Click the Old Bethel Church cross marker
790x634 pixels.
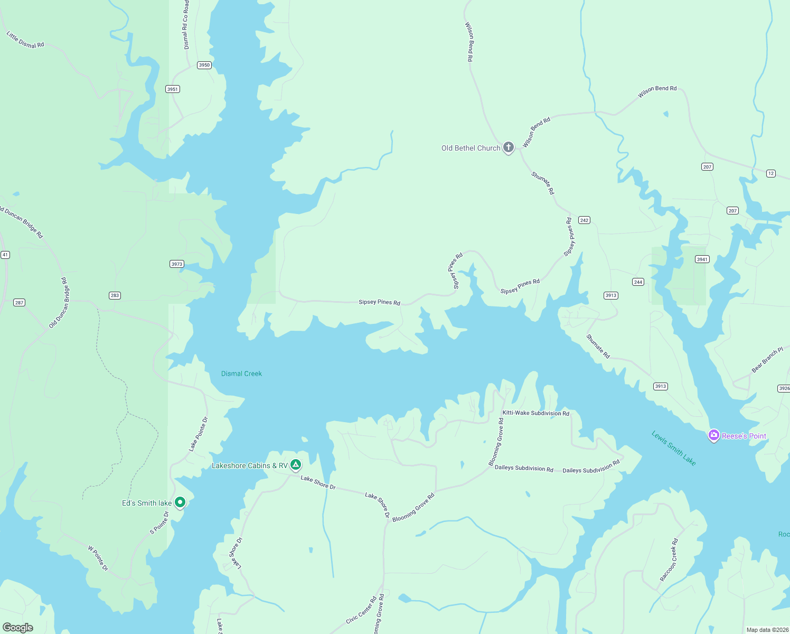[508, 147]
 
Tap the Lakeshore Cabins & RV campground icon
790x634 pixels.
[296, 465]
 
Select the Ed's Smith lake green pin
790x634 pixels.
[180, 502]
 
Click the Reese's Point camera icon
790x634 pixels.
[714, 435]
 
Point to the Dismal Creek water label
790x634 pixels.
[241, 374]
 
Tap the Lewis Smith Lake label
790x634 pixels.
[673, 448]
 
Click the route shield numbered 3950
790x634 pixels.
[204, 65]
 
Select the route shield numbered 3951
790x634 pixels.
[173, 89]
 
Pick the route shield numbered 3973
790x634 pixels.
[176, 264]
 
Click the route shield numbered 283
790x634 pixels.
[115, 295]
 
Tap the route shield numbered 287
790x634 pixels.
[20, 303]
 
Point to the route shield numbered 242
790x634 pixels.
[584, 220]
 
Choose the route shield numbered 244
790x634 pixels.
[638, 282]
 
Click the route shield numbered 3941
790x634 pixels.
[702, 259]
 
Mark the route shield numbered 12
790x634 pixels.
[771, 173]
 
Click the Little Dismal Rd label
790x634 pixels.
[25, 40]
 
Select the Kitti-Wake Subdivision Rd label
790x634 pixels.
[535, 413]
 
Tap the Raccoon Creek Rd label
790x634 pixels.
[669, 560]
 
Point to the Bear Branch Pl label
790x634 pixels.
[767, 359]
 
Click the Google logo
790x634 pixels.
[18, 627]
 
